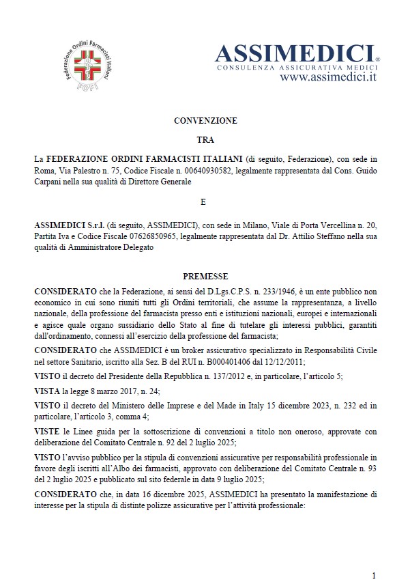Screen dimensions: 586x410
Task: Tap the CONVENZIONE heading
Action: pyautogui.click(x=205, y=121)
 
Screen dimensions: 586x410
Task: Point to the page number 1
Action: pyautogui.click(x=374, y=575)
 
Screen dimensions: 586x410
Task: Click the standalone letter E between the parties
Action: pyautogui.click(x=205, y=202)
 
